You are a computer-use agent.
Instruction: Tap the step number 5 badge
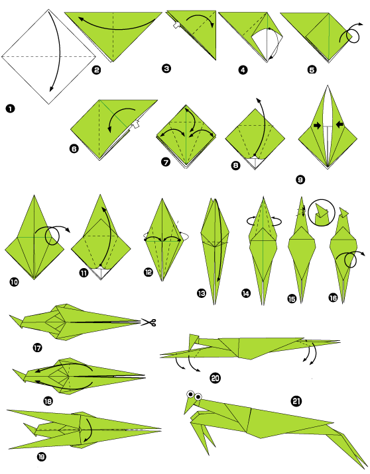pos(294,68)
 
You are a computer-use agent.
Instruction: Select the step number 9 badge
pos(301,179)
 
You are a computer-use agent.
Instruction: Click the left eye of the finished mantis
pos(190,395)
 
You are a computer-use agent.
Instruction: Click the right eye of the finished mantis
pos(198,397)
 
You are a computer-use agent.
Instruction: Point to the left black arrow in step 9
pos(318,124)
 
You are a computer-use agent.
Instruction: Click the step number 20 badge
pos(215,378)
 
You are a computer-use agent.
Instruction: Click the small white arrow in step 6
pos(136,123)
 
